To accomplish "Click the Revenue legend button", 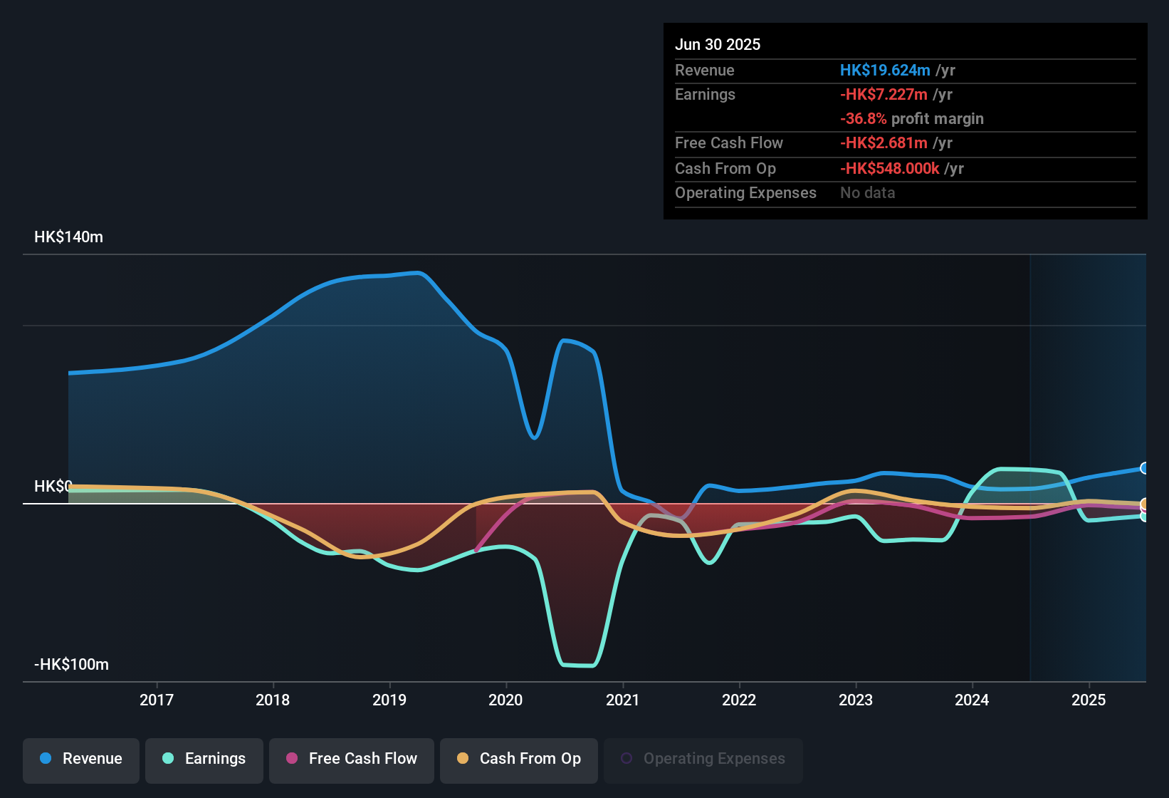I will tap(81, 759).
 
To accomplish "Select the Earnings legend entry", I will tap(204, 759).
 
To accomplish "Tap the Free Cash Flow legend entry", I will tap(352, 759).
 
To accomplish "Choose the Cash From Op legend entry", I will tap(519, 759).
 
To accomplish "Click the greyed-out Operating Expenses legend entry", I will tap(703, 759).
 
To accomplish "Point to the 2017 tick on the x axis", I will tap(157, 700).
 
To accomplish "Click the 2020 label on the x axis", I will tap(505, 700).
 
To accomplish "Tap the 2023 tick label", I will tap(856, 700).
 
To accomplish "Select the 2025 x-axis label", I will tap(1089, 700).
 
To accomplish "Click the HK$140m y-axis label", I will tap(68, 237).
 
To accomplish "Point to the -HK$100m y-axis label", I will tap(71, 665).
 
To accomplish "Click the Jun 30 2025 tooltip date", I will tap(718, 45).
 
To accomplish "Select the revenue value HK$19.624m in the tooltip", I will tap(885, 71).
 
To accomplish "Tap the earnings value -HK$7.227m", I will tap(884, 95).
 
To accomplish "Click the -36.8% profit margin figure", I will tap(863, 119).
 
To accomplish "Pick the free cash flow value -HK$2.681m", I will tap(884, 143).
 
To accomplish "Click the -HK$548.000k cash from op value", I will tap(889, 169).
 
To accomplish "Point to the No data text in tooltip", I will tap(867, 193).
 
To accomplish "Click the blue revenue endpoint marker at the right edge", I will tap(1144, 468).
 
